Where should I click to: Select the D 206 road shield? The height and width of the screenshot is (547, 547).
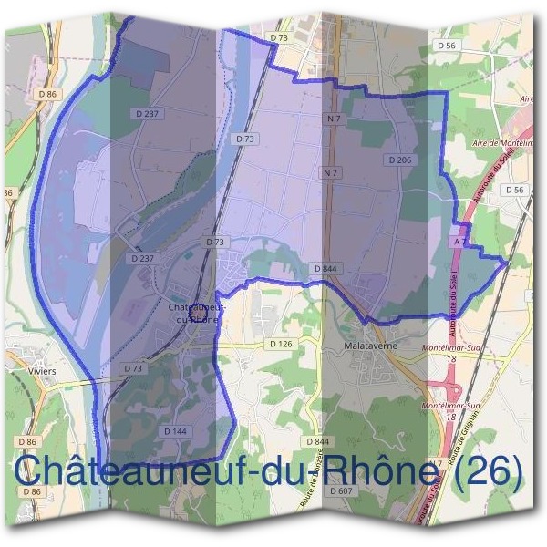point(399,160)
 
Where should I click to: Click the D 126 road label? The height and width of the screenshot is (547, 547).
point(281,344)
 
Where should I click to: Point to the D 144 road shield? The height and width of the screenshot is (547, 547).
point(176,429)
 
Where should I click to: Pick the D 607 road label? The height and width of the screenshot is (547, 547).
point(342,490)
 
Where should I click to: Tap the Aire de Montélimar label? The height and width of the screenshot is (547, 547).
point(504,144)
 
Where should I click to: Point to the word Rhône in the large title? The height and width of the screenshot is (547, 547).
point(365,471)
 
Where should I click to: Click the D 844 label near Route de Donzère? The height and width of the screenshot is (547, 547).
point(316,441)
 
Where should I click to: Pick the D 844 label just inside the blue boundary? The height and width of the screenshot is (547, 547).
point(324,269)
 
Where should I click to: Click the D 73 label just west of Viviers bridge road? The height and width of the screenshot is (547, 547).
point(133,367)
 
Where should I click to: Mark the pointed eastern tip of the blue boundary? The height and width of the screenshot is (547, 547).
point(507,263)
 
